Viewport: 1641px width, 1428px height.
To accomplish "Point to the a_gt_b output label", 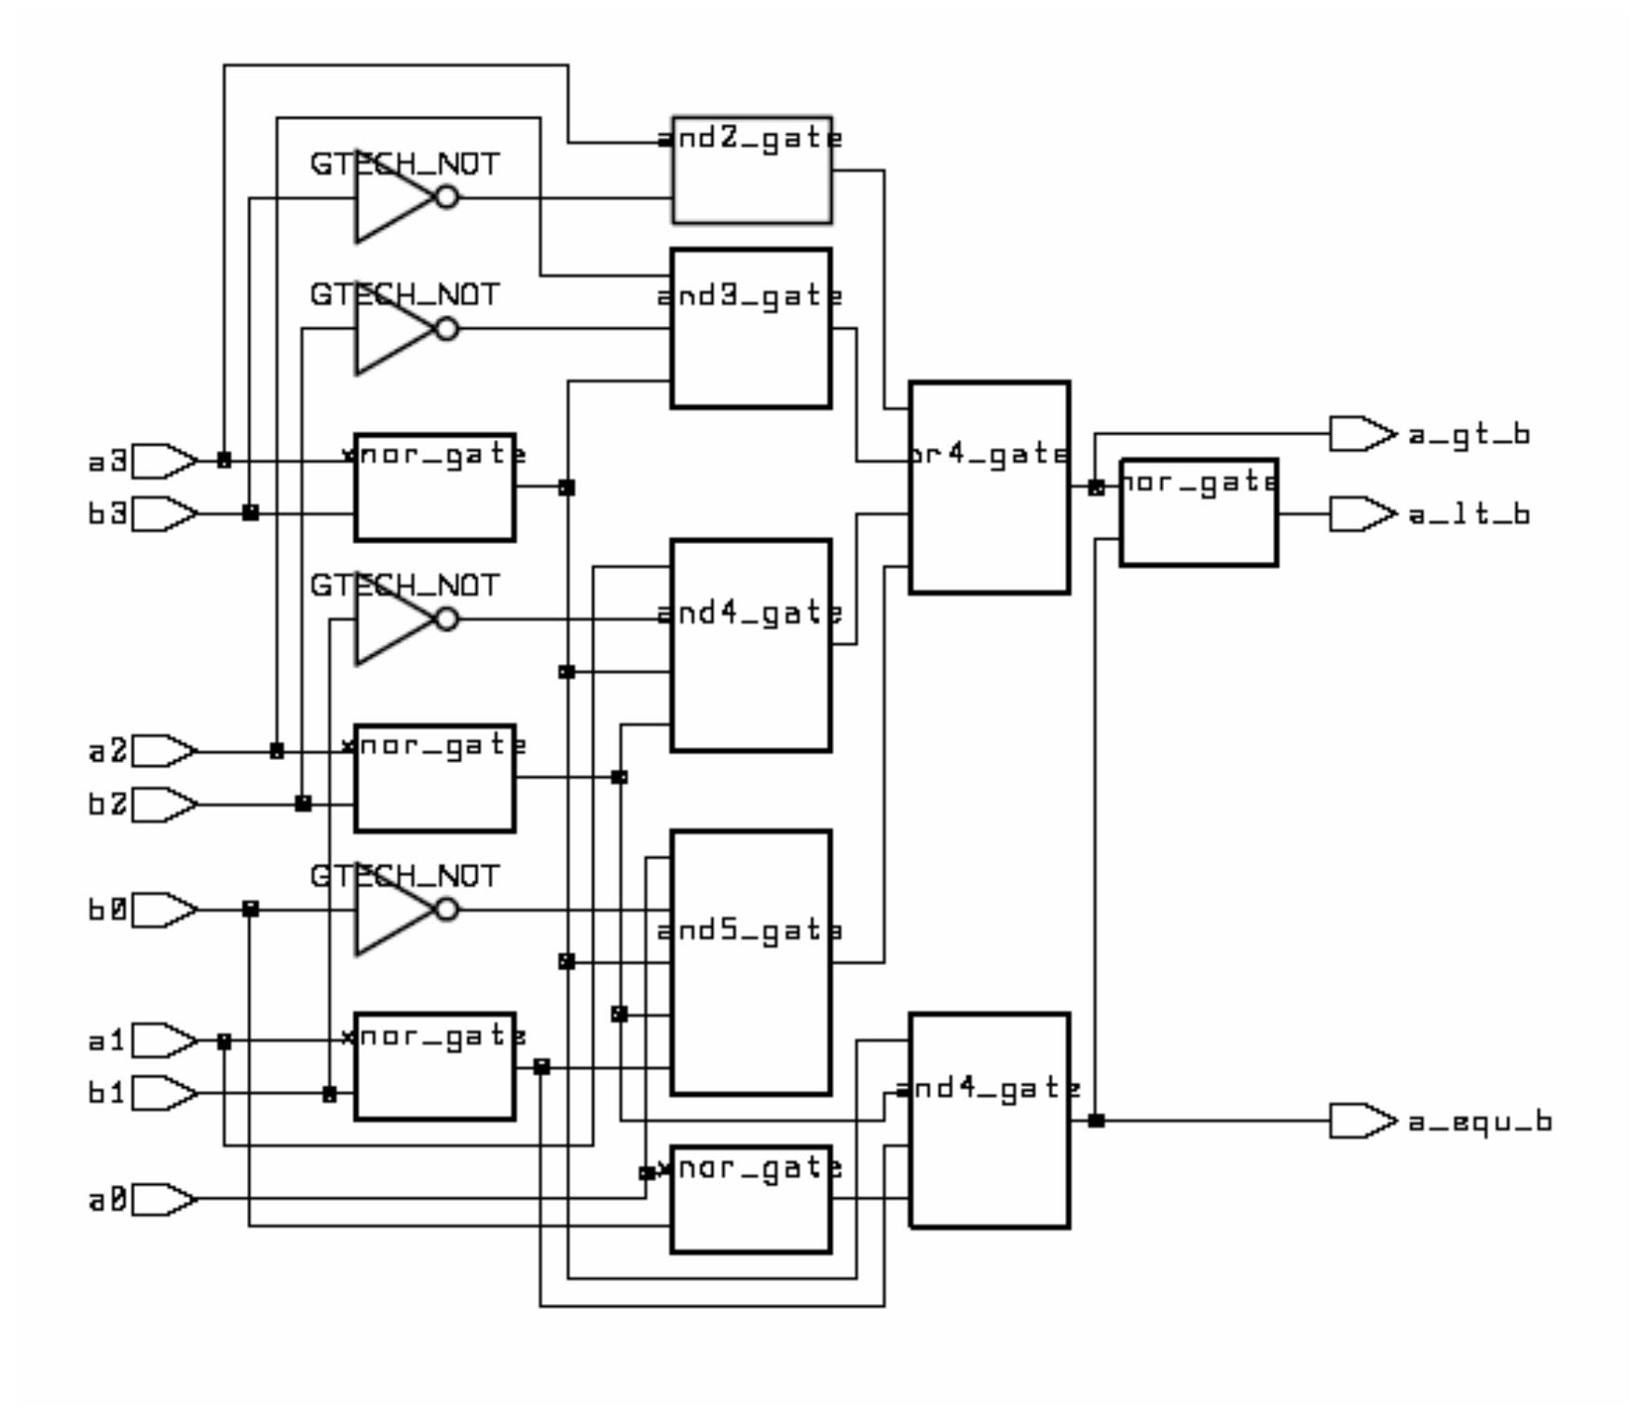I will pos(1469,435).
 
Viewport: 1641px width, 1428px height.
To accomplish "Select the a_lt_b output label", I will pos(1469,514).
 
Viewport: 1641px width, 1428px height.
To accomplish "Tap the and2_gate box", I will pos(751,170).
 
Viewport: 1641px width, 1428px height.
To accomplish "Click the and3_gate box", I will pos(751,328).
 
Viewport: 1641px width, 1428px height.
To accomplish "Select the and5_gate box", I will pos(751,962).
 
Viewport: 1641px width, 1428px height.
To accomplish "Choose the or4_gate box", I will pos(989,486).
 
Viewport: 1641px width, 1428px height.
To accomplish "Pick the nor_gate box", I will pos(1198,512).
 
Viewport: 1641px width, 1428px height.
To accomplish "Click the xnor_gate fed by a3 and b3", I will pos(434,486).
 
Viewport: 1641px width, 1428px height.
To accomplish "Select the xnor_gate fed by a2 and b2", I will pos(434,778).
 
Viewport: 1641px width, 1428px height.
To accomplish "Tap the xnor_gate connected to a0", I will pos(751,1200).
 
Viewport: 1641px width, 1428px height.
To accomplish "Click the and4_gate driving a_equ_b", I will pos(989,1121).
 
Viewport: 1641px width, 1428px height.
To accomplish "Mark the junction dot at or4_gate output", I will pos(1096,487).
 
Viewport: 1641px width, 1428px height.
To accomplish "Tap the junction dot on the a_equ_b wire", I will pos(1096,1121).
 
